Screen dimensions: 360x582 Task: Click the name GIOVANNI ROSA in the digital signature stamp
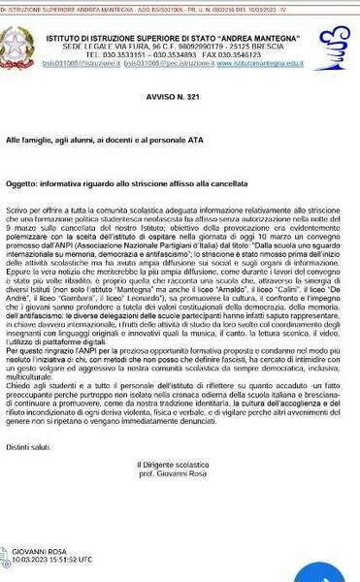pos(43,551)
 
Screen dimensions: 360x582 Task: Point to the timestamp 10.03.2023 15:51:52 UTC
pos(58,560)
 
